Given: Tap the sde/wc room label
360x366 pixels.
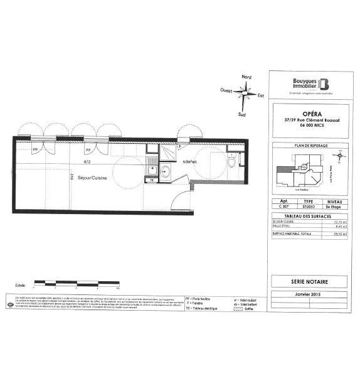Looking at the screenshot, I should pyautogui.click(x=190, y=161).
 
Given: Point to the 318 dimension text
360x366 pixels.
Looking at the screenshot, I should pyautogui.click(x=73, y=177).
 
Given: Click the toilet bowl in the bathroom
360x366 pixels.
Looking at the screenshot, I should pyautogui.click(x=232, y=163).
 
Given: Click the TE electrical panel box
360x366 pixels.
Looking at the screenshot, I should pyautogui.click(x=151, y=180).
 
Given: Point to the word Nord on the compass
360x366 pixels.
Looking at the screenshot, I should pyautogui.click(x=247, y=77).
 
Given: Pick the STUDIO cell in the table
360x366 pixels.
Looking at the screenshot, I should pyautogui.click(x=307, y=206).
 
